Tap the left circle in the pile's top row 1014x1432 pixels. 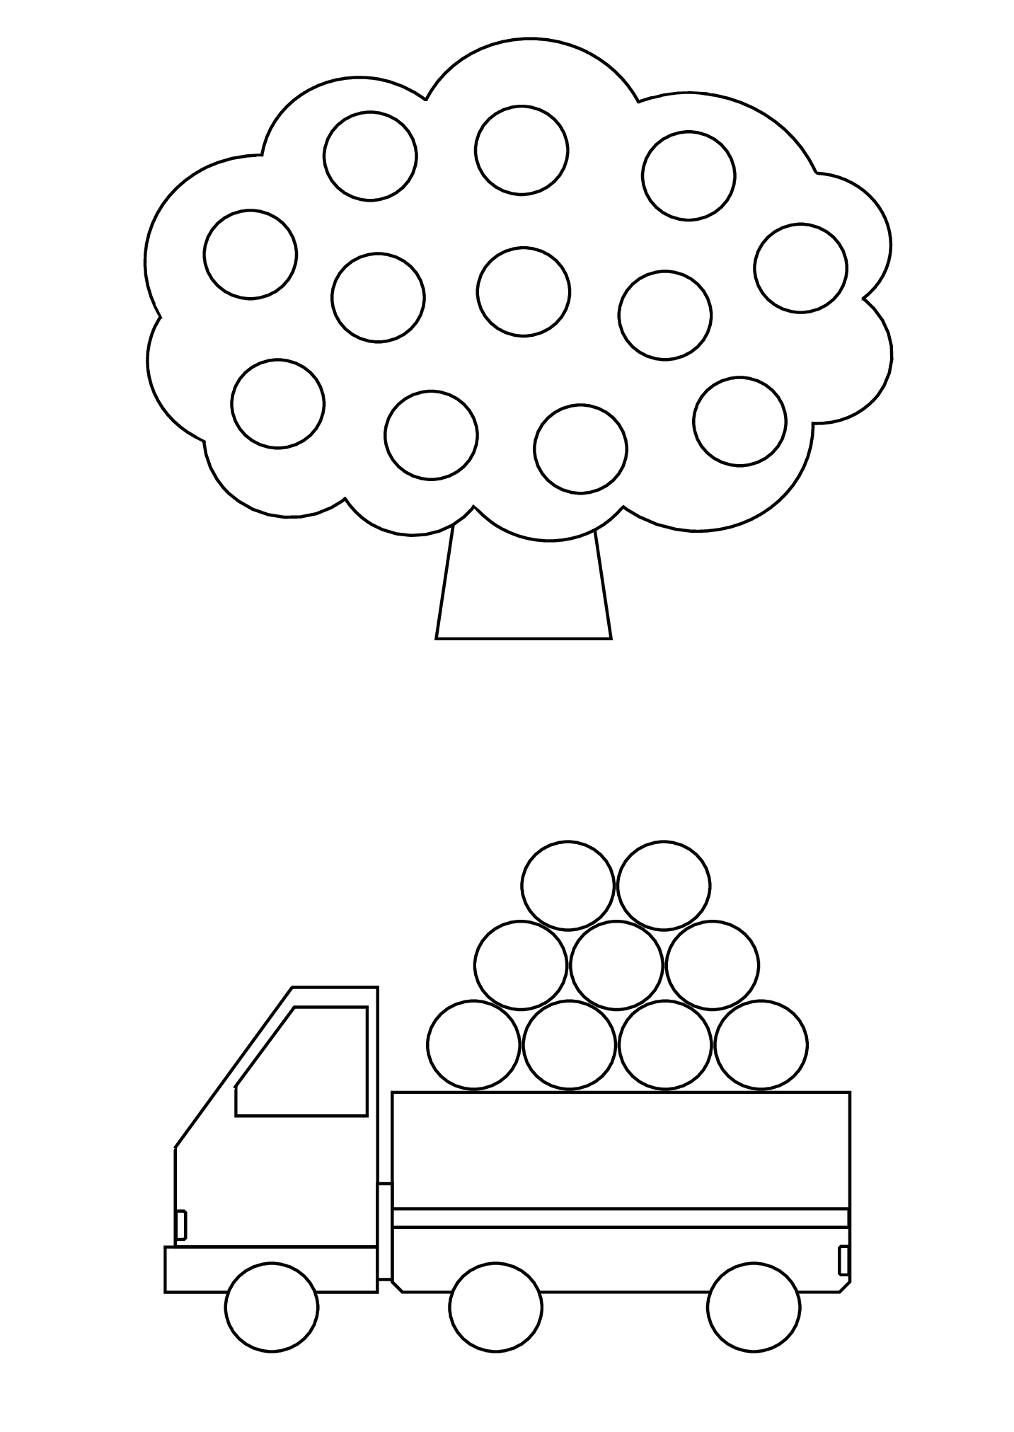(x=568, y=885)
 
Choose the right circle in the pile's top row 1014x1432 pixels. (x=664, y=885)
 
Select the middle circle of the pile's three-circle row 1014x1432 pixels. (x=616, y=965)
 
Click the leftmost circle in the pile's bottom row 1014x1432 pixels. (x=473, y=1044)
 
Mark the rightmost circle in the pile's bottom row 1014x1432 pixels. (x=761, y=1044)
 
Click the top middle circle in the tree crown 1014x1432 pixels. (x=522, y=150)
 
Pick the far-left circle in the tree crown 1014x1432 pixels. (x=250, y=254)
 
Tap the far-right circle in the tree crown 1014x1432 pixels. (x=800, y=267)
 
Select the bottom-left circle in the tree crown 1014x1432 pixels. (x=277, y=403)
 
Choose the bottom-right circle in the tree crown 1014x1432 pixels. (x=739, y=421)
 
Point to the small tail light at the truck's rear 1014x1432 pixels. (x=843, y=1261)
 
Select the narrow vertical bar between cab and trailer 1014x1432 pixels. (x=384, y=1231)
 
